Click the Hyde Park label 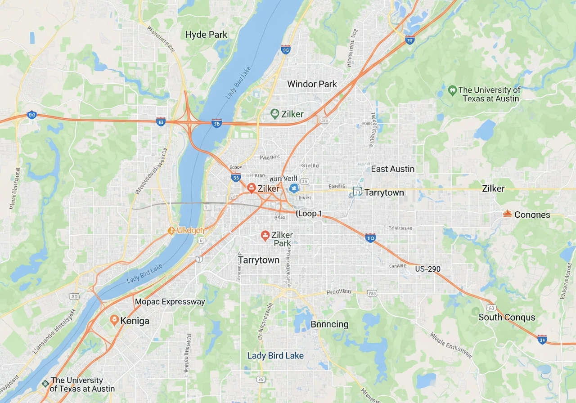point(206,35)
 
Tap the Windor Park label point(312,84)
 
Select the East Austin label point(392,169)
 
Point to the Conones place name point(532,215)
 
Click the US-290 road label point(427,269)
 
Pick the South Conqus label point(507,317)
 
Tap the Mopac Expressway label point(170,302)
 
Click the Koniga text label point(135,321)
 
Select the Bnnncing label point(329,324)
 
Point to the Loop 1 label point(310,214)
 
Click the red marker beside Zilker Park point(265,235)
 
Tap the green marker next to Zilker point(274,114)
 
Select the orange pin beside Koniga point(114,320)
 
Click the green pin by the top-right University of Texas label point(452,90)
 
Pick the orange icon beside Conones point(507,214)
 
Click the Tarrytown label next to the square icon point(384,193)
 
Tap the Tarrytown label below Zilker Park point(259,260)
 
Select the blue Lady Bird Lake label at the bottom point(275,356)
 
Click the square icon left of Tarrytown point(357,192)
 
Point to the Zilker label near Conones point(493,188)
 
